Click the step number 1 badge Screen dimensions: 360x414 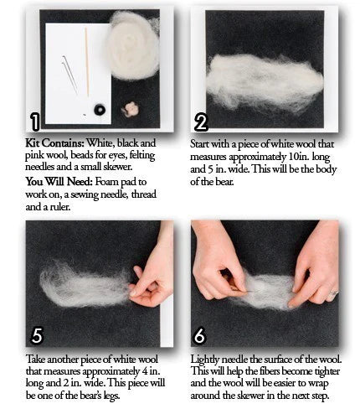click(x=35, y=122)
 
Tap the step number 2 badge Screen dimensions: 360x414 click(x=201, y=123)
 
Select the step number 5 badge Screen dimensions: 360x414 click(x=37, y=335)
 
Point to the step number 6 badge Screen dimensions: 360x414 click(x=199, y=335)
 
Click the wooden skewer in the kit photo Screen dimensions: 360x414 click(x=87, y=62)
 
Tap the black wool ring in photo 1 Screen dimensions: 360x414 click(x=100, y=110)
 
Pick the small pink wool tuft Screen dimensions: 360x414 click(x=130, y=109)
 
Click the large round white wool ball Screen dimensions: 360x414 click(x=133, y=46)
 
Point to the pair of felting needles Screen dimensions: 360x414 click(x=69, y=74)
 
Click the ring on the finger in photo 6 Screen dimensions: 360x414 click(x=333, y=292)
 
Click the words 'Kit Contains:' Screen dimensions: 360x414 click(x=54, y=143)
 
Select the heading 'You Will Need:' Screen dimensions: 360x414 click(x=59, y=182)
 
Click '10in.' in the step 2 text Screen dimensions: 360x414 click(x=298, y=157)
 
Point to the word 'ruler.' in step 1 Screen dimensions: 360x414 click(x=60, y=207)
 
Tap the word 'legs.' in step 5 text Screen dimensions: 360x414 click(x=111, y=396)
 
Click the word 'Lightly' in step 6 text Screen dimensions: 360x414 click(x=205, y=360)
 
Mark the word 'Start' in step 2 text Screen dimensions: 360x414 click(x=199, y=144)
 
